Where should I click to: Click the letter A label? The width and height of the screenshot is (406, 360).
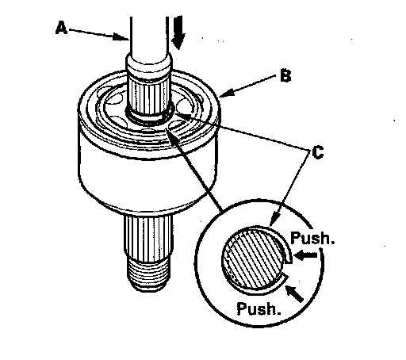[x=61, y=28]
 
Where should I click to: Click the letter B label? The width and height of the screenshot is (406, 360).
[x=285, y=75]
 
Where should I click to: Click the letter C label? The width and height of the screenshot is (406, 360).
[x=318, y=152]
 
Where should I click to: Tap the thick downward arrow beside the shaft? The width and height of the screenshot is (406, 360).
[x=178, y=33]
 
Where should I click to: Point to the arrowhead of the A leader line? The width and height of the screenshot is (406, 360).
[x=121, y=37]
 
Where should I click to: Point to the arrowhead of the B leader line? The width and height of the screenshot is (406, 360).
[x=227, y=93]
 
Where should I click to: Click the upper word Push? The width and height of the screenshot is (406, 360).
[x=312, y=238]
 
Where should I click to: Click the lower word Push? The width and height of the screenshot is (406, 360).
[x=259, y=308]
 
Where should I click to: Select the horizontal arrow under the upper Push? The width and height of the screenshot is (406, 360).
[x=305, y=255]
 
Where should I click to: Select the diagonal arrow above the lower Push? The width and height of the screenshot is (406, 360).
[x=294, y=294]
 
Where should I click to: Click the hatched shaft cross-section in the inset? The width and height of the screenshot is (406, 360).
[x=251, y=259]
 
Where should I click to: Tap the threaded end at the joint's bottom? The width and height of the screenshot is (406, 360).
[x=148, y=274]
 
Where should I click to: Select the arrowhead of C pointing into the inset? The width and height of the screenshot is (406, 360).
[x=274, y=220]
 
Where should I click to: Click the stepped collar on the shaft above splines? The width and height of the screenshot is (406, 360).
[x=149, y=66]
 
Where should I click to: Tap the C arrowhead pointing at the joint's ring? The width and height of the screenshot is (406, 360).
[x=182, y=116]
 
